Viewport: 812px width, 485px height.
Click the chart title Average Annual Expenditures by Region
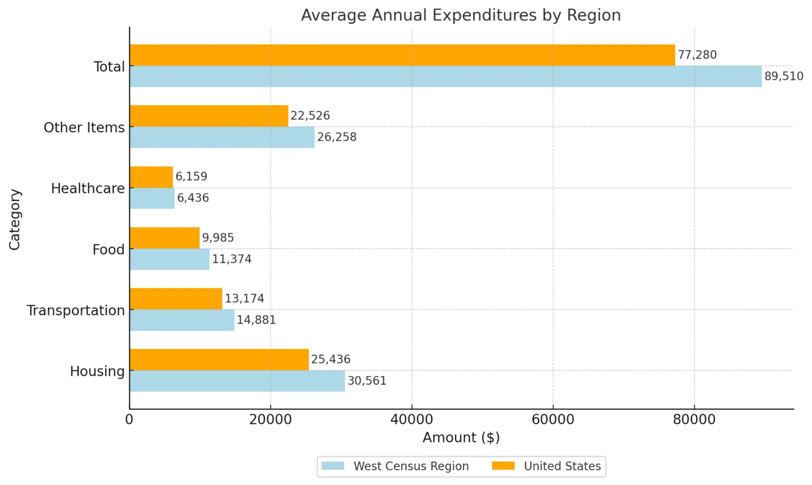[460, 15]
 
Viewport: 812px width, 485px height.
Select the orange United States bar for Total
[402, 55]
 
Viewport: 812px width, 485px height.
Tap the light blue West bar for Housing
[237, 381]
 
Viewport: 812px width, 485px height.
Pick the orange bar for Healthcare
[151, 177]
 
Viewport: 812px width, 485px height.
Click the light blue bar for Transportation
[182, 320]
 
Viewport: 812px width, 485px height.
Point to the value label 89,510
[783, 76]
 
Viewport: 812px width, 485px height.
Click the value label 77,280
[697, 55]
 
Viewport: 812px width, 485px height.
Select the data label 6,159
[191, 177]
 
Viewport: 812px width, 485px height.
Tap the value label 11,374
[232, 259]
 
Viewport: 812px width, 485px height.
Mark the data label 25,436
[330, 360]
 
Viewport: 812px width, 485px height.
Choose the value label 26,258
[337, 137]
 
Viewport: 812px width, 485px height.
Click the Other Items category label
[84, 127]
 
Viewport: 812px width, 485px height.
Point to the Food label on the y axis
[108, 250]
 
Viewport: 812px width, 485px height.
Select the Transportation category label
[76, 310]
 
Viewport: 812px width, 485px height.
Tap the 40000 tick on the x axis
[412, 420]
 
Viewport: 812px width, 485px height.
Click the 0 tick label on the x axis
[130, 420]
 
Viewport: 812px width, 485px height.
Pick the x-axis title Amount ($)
[461, 438]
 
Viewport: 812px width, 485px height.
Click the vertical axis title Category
[15, 219]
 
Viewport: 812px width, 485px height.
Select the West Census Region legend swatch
[333, 466]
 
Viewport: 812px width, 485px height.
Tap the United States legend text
[562, 466]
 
